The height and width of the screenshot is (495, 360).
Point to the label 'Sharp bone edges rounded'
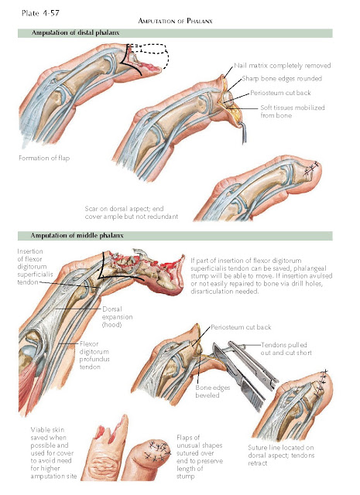283,79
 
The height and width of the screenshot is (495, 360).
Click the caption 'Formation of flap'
43,159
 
